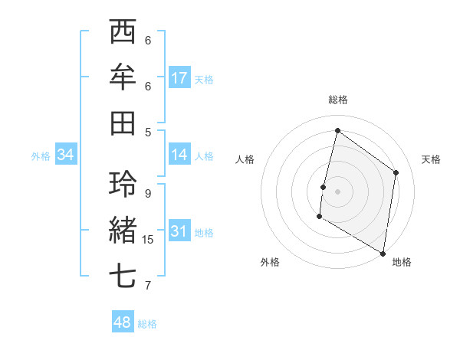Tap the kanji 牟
point(123,77)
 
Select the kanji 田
point(123,123)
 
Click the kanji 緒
point(123,231)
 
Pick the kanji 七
point(123,276)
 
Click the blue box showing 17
point(179,78)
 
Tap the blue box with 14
point(179,155)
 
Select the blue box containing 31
point(179,232)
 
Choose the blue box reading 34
point(66,155)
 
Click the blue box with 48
point(123,322)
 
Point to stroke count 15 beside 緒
point(148,240)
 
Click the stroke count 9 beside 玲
point(148,193)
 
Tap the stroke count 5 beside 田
point(148,131)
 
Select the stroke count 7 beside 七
point(148,286)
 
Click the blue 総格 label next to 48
point(147,324)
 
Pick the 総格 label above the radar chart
point(337,100)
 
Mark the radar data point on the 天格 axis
point(396,172)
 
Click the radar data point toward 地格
point(383,253)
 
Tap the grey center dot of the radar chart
point(337,190)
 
